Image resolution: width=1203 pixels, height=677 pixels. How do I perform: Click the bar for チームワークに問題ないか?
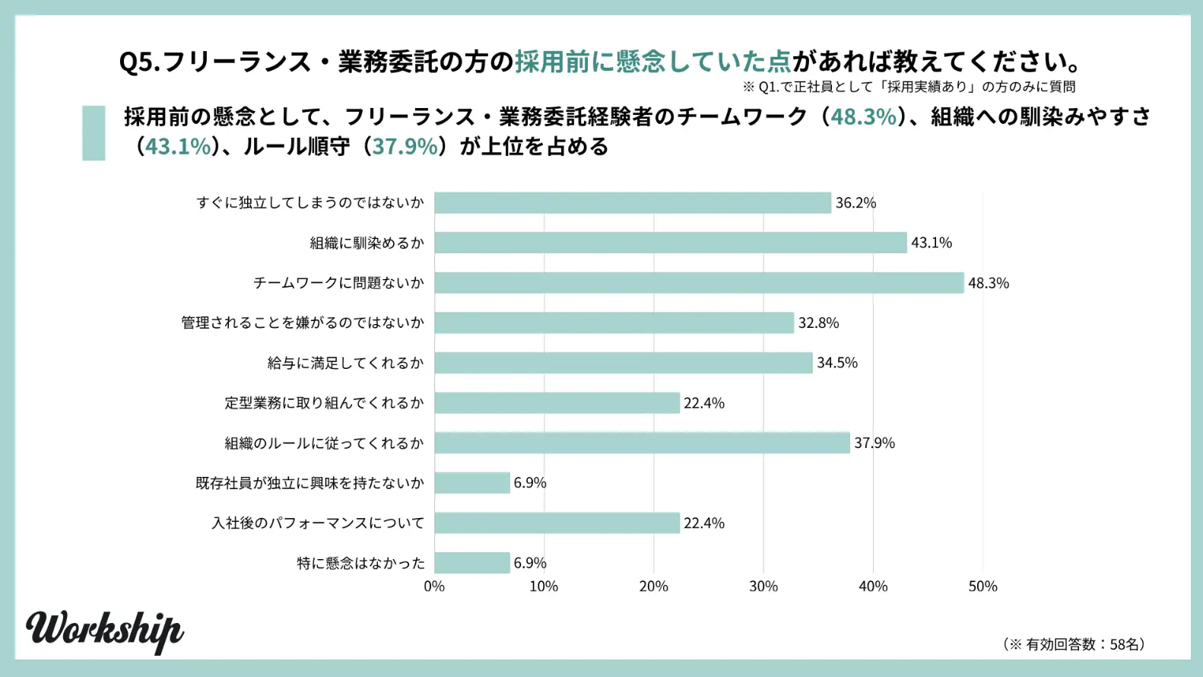click(x=699, y=283)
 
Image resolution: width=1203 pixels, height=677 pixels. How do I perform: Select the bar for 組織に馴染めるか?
click(x=670, y=243)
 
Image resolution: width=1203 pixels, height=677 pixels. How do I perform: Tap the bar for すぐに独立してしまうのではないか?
click(x=632, y=203)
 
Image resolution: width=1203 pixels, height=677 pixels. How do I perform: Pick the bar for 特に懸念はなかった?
click(x=472, y=563)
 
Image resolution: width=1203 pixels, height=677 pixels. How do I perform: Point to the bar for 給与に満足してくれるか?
click(x=623, y=363)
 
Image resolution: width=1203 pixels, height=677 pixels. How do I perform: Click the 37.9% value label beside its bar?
click(x=874, y=443)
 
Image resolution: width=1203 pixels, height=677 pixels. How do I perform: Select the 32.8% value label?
click(x=818, y=323)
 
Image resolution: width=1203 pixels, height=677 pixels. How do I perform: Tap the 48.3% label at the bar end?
click(x=988, y=283)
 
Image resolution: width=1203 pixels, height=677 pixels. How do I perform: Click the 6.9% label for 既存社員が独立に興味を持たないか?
click(x=529, y=483)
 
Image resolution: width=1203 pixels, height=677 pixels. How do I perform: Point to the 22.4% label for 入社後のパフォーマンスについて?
click(x=703, y=523)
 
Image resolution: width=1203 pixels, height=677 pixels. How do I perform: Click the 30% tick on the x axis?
click(x=763, y=586)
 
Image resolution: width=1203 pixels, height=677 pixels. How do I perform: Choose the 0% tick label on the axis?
click(x=434, y=586)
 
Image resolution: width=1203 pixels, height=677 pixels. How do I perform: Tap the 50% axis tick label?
click(x=982, y=586)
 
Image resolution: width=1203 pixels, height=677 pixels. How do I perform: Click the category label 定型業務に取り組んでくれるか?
click(x=324, y=403)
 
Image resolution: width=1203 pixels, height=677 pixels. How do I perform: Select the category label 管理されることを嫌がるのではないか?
click(x=302, y=323)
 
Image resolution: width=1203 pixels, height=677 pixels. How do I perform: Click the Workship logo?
click(x=104, y=630)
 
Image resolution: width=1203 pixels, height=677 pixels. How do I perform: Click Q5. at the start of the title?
click(x=139, y=62)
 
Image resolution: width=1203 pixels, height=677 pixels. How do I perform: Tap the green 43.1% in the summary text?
click(x=178, y=146)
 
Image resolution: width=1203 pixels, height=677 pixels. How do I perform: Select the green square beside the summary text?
click(x=94, y=133)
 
